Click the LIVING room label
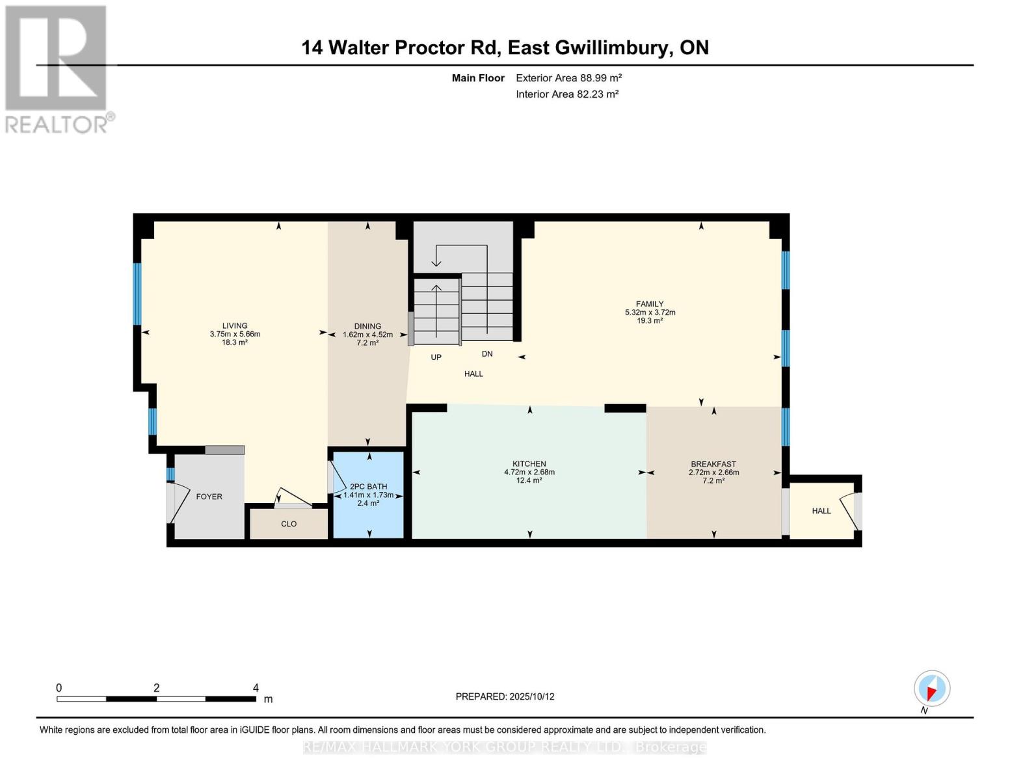point(235,325)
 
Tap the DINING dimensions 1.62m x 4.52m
point(367,335)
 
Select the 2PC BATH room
point(368,495)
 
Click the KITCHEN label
point(529,464)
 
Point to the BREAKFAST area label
point(713,464)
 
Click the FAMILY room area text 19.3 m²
point(649,321)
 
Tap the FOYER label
point(209,497)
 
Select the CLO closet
point(289,524)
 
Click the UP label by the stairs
point(436,357)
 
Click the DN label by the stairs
point(487,354)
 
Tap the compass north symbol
point(931,689)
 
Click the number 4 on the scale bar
point(256,688)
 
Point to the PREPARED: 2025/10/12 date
point(505,696)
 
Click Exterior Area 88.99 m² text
point(569,77)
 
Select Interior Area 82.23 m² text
point(567,94)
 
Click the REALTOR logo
point(57,68)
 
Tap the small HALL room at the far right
point(821,511)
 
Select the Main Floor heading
point(478,78)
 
